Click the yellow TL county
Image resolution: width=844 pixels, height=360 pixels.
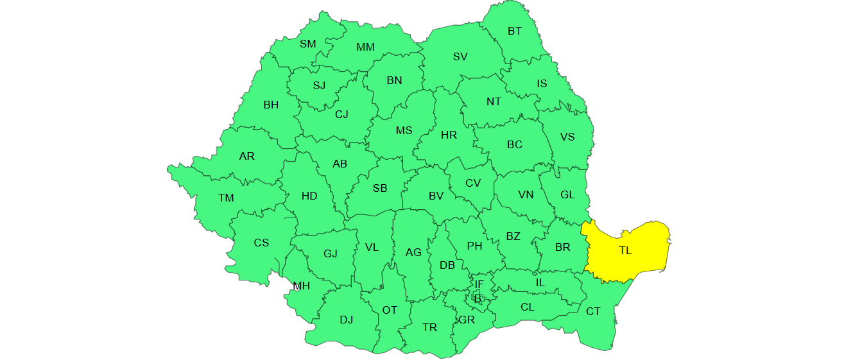tap(626, 251)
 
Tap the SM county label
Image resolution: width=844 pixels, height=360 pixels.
tap(308, 44)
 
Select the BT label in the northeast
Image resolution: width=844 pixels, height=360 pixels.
tap(515, 31)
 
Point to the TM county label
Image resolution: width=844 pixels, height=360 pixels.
tap(226, 198)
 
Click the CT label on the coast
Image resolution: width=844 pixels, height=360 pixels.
tap(593, 311)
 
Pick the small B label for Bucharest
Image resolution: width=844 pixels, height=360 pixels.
tap(477, 298)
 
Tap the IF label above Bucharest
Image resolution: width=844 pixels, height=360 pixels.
tap(479, 284)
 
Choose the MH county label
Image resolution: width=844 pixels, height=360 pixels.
tap(302, 286)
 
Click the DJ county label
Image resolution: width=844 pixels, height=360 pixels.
tap(347, 320)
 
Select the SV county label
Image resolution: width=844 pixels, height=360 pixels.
tap(460, 56)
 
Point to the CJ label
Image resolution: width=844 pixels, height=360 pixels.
tap(341, 114)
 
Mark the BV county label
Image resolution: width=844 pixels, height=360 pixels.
tap(436, 196)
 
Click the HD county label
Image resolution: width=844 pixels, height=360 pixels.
tap(309, 196)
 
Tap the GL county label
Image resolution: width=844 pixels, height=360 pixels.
tap(567, 194)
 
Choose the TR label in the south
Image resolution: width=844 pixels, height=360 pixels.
tap(429, 327)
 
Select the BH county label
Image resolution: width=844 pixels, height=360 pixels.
tap(271, 105)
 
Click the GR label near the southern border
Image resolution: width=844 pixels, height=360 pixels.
tap(467, 320)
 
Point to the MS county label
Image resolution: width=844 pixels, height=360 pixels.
tap(404, 131)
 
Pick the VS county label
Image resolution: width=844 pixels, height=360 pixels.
tap(567, 137)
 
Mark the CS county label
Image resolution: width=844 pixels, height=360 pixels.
tap(261, 243)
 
